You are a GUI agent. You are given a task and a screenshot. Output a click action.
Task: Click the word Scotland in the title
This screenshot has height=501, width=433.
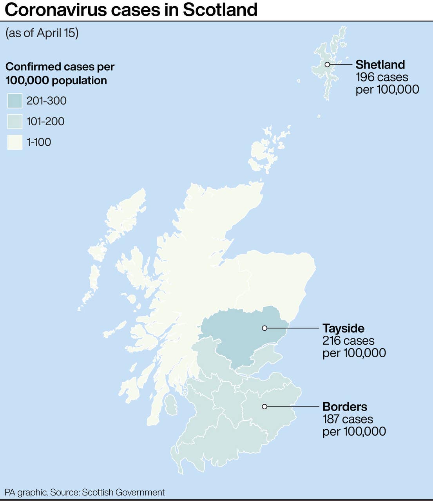(220, 9)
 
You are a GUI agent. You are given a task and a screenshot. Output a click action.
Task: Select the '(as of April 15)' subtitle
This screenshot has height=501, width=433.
(42, 33)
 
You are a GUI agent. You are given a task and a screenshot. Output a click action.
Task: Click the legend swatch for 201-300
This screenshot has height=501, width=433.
(15, 101)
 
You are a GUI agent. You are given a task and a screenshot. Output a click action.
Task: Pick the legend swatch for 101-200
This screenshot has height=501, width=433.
(15, 121)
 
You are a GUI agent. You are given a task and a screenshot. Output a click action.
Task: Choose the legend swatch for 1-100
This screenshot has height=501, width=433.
(15, 142)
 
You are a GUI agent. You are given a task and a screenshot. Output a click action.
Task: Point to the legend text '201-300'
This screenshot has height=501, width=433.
(46, 101)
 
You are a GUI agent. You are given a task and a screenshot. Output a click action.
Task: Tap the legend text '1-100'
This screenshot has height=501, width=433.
(39, 142)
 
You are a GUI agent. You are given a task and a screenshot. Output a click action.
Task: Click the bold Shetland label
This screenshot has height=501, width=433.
(380, 65)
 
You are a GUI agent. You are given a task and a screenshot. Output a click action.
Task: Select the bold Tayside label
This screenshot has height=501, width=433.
(343, 328)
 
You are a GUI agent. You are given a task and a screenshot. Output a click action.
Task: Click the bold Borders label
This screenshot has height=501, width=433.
(344, 407)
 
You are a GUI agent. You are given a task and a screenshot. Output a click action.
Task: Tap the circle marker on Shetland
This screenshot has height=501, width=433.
(327, 65)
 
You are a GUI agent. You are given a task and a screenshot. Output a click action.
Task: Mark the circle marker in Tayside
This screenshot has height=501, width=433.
(265, 328)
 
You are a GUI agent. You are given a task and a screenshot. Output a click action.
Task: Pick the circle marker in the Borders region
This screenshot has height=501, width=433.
(265, 407)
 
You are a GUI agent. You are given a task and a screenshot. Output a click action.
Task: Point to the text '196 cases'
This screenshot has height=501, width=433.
(382, 77)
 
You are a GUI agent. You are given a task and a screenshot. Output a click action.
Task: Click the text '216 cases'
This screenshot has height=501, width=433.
(348, 341)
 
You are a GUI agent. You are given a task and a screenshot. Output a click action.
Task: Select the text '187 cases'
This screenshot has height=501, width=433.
(348, 419)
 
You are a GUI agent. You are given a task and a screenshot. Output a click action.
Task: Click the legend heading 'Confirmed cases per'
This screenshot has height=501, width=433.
(60, 67)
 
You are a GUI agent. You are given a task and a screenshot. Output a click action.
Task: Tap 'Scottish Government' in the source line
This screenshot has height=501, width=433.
(123, 492)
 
